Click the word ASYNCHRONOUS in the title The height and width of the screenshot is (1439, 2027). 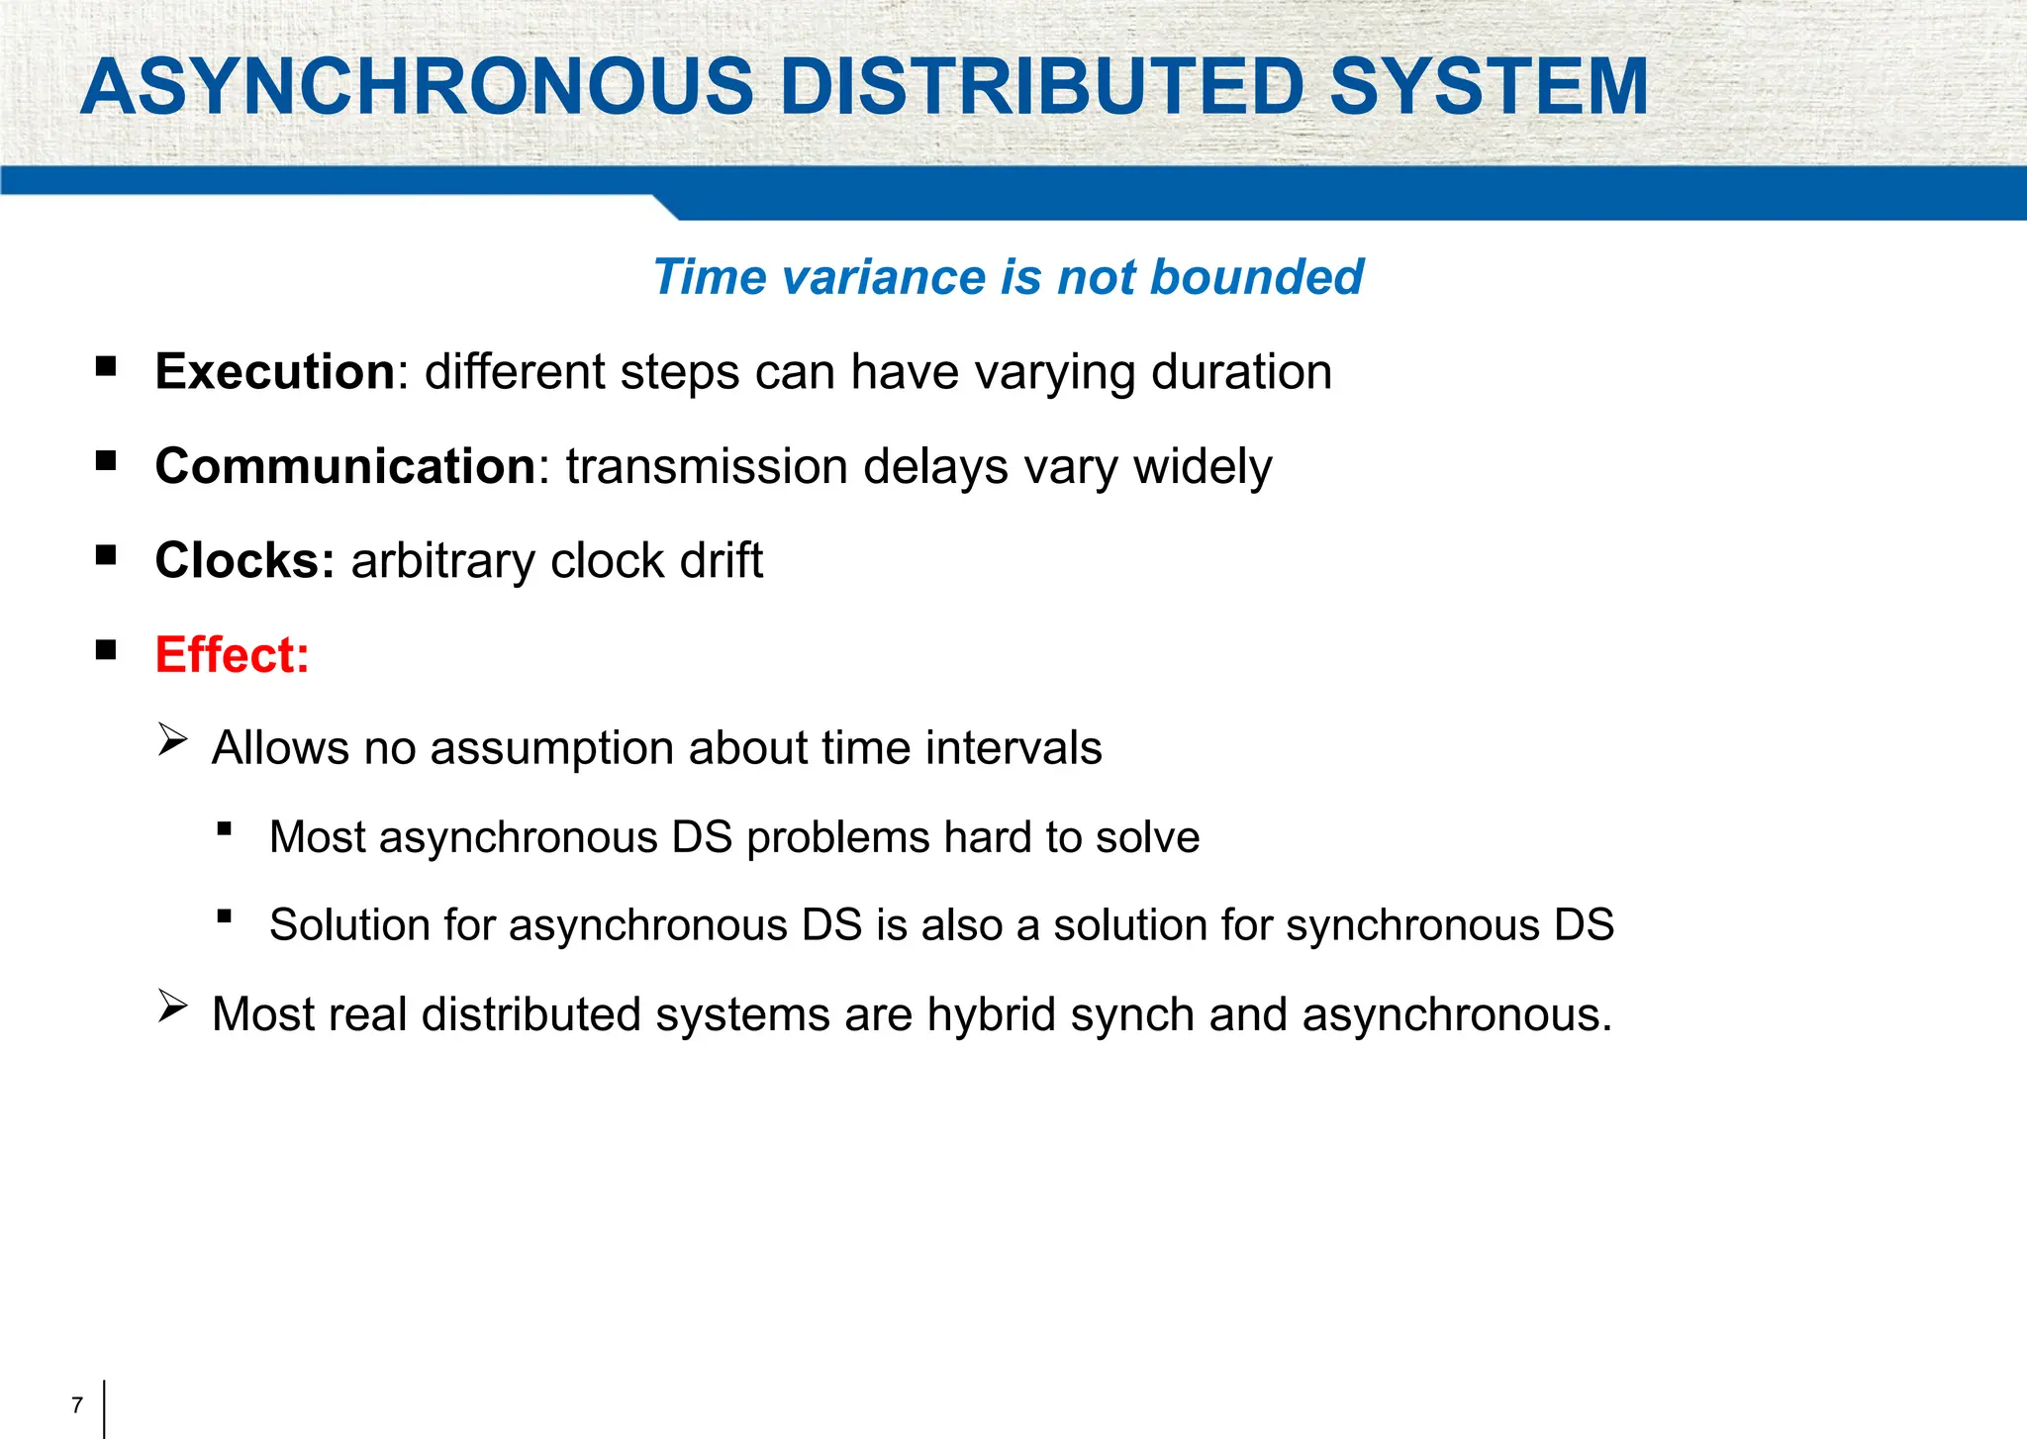click(417, 87)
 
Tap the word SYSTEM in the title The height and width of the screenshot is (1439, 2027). click(1489, 87)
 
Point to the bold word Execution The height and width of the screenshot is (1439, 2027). click(275, 372)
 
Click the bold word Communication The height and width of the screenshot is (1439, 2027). click(345, 466)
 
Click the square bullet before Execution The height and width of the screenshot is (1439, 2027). click(106, 368)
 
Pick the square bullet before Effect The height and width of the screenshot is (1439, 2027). click(106, 650)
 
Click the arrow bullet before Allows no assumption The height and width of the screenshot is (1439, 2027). click(172, 740)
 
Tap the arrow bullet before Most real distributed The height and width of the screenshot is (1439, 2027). click(172, 1007)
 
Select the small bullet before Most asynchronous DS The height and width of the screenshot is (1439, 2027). click(225, 829)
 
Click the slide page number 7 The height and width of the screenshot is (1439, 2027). click(77, 1405)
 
